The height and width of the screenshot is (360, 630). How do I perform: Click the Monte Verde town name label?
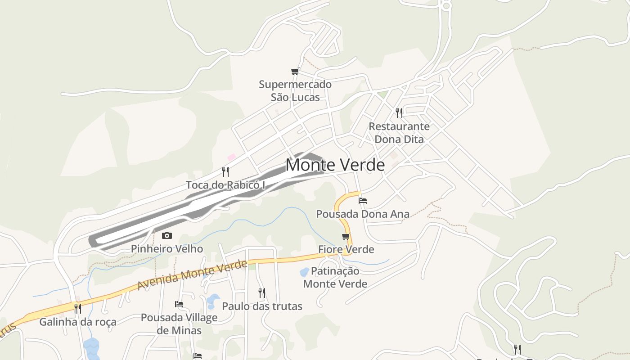tap(335, 165)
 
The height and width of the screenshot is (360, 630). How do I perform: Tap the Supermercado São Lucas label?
tap(295, 90)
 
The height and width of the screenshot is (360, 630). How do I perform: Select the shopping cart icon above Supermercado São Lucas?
tap(295, 71)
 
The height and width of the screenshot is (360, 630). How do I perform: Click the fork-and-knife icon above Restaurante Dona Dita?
tap(399, 112)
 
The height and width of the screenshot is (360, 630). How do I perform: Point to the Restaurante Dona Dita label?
tap(399, 133)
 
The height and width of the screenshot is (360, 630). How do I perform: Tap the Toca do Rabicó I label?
tap(225, 185)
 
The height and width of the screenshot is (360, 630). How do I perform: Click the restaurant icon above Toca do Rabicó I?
tap(225, 171)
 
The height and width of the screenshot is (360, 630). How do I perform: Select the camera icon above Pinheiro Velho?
tap(167, 235)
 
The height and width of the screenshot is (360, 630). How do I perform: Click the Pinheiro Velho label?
tap(167, 249)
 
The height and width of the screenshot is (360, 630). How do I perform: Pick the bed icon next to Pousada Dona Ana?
tap(363, 200)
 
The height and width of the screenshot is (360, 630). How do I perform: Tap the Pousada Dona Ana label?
tap(363, 214)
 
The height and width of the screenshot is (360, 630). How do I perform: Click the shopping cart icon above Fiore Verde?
tap(346, 236)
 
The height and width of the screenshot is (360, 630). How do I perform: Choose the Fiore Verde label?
tap(346, 249)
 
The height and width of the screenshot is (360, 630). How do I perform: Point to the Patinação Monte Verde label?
tap(335, 277)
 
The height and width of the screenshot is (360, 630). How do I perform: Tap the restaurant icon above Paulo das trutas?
tap(262, 293)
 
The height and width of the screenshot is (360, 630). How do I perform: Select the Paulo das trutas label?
tap(262, 306)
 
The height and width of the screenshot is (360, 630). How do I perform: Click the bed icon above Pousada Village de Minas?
tap(179, 304)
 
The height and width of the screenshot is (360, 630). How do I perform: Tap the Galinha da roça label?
tap(78, 322)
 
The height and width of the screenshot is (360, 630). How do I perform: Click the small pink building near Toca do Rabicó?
tap(232, 157)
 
